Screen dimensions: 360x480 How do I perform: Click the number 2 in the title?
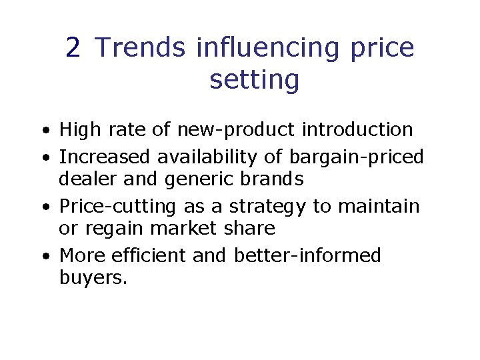73,48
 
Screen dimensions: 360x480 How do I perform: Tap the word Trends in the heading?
141,48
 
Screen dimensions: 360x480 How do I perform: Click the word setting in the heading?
254,80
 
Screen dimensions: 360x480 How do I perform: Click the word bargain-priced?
357,157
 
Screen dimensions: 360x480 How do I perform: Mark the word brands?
275,179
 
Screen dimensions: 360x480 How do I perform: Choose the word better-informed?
307,256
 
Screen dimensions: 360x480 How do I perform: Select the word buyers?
93,278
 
